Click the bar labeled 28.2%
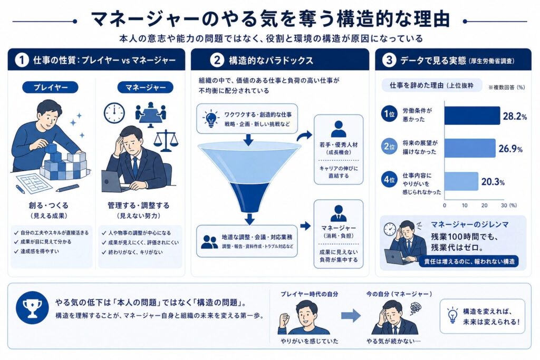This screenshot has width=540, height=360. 472,115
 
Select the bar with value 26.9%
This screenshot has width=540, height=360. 470,148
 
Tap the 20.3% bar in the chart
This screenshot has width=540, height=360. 461,181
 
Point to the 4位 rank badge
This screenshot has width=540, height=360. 389,180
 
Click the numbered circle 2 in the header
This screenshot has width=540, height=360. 217,60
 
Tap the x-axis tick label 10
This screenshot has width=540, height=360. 464,206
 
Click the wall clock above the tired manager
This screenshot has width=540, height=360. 114,113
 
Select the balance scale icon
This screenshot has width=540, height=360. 166,140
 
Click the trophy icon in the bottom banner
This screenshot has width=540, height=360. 32,307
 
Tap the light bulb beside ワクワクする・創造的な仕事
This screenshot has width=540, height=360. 210,118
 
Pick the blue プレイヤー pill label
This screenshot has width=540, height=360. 50,87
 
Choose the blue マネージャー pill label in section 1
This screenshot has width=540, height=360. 145,87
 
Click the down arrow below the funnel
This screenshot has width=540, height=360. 250,219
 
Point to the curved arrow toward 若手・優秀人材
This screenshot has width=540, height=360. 304,136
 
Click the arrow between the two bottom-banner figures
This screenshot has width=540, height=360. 351,316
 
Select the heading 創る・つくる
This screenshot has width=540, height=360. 49,206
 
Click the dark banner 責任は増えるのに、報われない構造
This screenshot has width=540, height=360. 469,261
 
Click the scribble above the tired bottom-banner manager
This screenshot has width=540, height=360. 415,308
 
